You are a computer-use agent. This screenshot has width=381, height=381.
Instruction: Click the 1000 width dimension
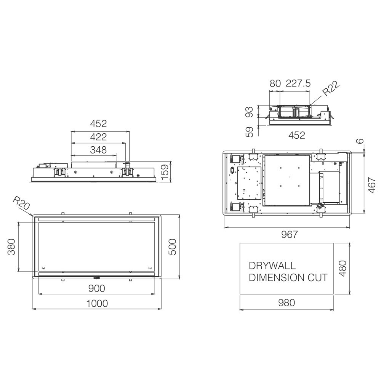pyautogui.click(x=97, y=304)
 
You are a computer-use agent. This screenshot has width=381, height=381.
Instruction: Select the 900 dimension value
pyautogui.click(x=97, y=288)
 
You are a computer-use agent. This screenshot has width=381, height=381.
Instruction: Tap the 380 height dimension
pyautogui.click(x=11, y=247)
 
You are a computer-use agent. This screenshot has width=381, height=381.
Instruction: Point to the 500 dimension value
pyautogui.click(x=172, y=247)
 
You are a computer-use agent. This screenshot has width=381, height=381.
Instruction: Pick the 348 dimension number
pyautogui.click(x=98, y=150)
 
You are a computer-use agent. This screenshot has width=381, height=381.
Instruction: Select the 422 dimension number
pyautogui.click(x=98, y=137)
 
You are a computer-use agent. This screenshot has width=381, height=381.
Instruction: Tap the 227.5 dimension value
pyautogui.click(x=298, y=83)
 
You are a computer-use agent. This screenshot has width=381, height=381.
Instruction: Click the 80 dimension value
pyautogui.click(x=275, y=83)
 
